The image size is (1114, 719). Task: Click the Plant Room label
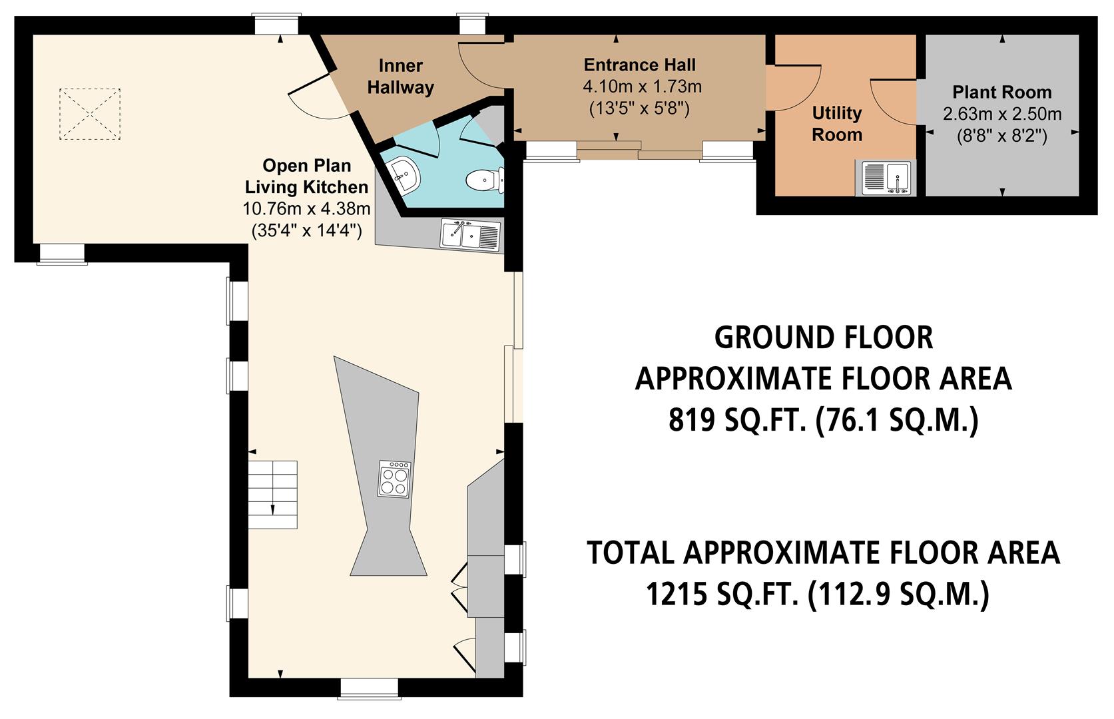(1001, 92)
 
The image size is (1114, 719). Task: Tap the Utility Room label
(836, 124)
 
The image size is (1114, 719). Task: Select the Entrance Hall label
(639, 65)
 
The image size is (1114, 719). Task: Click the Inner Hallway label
(401, 77)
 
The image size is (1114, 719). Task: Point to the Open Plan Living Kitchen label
(306, 176)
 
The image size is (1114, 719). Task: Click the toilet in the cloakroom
(484, 180)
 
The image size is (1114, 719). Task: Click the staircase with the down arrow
(273, 494)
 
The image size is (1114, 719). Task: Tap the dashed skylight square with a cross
(91, 114)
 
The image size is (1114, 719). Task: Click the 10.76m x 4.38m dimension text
(306, 209)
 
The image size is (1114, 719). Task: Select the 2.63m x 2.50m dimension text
(1001, 115)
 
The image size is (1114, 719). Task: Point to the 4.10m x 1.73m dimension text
(642, 87)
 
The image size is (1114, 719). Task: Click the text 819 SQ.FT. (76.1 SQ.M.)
(823, 420)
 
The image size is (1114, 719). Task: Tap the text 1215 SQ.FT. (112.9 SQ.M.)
(818, 594)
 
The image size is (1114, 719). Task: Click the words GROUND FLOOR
(823, 338)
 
